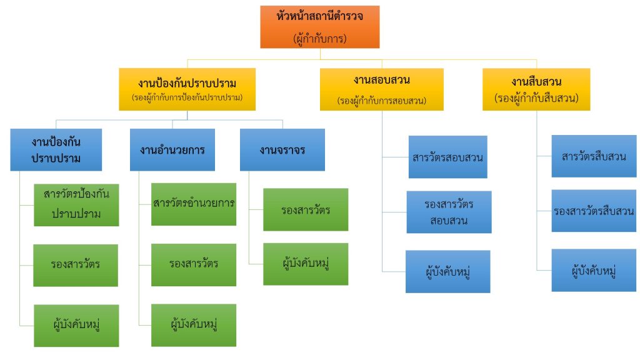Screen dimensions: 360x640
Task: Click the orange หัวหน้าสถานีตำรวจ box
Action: tap(319, 26)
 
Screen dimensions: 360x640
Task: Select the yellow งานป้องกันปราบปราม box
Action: tap(187, 89)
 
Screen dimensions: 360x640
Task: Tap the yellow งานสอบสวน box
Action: tap(381, 89)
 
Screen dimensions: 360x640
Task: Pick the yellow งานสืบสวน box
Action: tap(536, 89)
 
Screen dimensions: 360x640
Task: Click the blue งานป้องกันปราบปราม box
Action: tap(56, 149)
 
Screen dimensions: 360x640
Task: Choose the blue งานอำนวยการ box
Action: tap(172, 149)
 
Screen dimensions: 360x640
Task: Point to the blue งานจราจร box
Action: tap(282, 149)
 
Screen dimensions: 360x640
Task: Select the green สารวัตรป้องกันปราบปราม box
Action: tap(77, 204)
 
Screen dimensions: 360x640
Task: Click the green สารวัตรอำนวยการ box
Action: tap(194, 204)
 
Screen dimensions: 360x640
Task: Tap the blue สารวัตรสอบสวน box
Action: tap(448, 157)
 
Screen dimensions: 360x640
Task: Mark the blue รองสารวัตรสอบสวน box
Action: tap(448, 212)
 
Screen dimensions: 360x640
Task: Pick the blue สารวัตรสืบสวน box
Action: tap(593, 156)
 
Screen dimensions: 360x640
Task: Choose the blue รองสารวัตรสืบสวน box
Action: tap(593, 211)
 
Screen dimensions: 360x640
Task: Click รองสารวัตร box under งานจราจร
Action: tap(305, 209)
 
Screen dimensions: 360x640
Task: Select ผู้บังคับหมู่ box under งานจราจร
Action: tap(305, 263)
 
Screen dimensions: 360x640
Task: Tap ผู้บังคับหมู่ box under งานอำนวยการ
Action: tap(194, 325)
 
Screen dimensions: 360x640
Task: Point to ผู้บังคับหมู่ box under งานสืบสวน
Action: tap(593, 270)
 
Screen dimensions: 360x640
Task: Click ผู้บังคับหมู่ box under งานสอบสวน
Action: tap(448, 271)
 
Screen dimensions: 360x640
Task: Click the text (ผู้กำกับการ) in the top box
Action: tap(319, 38)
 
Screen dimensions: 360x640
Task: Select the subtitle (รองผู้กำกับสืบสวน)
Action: tap(536, 99)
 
